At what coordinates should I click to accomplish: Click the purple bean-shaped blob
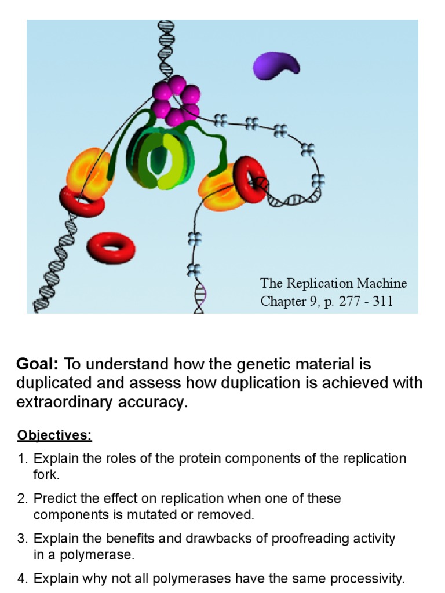(276, 65)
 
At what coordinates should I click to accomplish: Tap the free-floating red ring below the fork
(111, 248)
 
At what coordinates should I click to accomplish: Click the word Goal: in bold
(38, 364)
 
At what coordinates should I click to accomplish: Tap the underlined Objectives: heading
(54, 434)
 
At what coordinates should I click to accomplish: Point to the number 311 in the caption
(382, 302)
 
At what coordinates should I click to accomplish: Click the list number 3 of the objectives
(22, 539)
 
